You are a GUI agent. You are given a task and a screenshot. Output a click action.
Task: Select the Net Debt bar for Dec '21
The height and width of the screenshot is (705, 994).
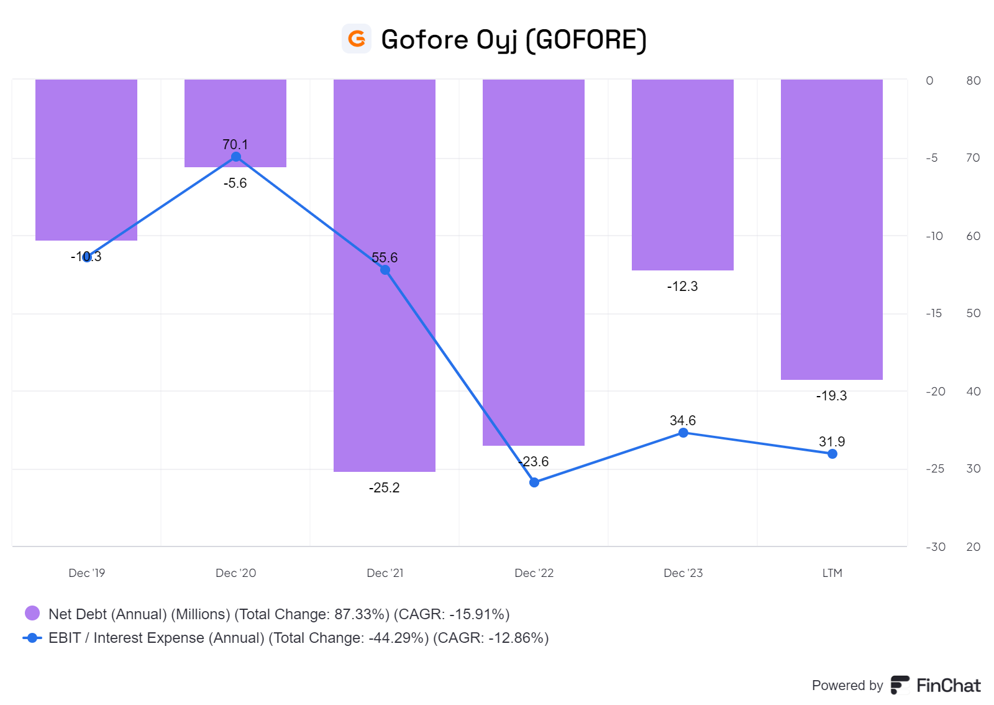385,348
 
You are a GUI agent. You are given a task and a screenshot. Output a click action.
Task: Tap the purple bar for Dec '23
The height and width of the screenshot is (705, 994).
683,174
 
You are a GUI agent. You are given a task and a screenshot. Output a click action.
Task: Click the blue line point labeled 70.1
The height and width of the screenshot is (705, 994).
236,157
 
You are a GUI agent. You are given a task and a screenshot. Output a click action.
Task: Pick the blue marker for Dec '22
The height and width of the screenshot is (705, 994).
534,482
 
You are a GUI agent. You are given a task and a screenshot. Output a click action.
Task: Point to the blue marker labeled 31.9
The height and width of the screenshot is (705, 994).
832,454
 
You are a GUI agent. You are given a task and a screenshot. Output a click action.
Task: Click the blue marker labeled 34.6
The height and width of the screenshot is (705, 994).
683,433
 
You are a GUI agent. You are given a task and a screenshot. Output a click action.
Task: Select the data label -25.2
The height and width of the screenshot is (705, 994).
385,488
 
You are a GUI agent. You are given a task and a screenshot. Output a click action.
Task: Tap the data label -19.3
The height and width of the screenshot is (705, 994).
831,396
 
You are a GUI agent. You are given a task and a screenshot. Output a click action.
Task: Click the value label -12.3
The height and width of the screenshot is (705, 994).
682,287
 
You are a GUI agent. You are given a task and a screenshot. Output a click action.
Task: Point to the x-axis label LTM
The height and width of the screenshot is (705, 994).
832,573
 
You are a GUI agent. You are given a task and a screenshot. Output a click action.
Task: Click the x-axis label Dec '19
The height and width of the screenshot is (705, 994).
87,573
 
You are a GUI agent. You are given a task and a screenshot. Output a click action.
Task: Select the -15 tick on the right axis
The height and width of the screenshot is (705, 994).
934,313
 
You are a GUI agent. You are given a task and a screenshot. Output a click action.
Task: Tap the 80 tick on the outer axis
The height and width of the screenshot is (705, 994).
973,81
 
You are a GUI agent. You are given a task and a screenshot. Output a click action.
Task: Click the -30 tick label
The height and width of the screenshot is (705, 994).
936,547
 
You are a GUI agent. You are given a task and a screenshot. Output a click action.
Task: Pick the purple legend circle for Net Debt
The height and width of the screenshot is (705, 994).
32,614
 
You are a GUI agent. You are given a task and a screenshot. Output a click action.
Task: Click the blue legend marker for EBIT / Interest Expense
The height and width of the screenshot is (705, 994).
32,638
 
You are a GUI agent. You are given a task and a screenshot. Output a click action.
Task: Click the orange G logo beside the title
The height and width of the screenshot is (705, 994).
357,39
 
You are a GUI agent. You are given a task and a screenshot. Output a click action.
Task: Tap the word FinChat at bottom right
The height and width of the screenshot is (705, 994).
948,686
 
